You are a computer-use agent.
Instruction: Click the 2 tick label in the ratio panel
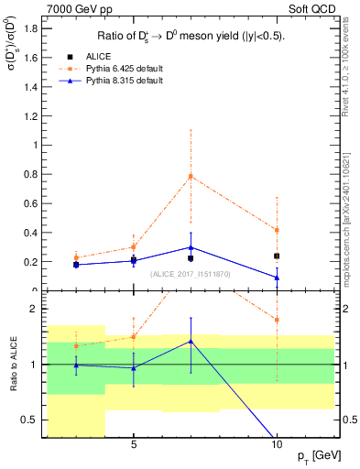click(34, 309)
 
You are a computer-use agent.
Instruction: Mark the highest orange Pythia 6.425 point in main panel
click(191, 176)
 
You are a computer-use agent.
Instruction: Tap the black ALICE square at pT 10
click(277, 256)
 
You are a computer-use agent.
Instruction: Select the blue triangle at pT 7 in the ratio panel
click(191, 341)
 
